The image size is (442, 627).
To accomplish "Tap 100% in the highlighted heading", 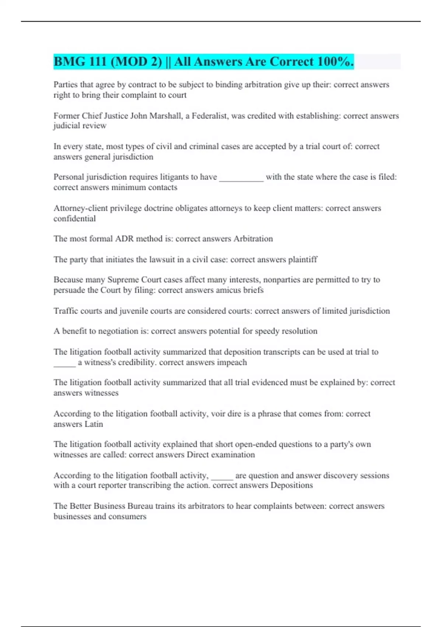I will click(335, 62).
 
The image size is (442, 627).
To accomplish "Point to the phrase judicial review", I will click(80, 126).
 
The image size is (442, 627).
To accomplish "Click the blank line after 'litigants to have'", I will click(241, 178).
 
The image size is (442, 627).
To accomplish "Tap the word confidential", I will click(74, 219).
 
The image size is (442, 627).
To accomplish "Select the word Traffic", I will click(66, 311).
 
